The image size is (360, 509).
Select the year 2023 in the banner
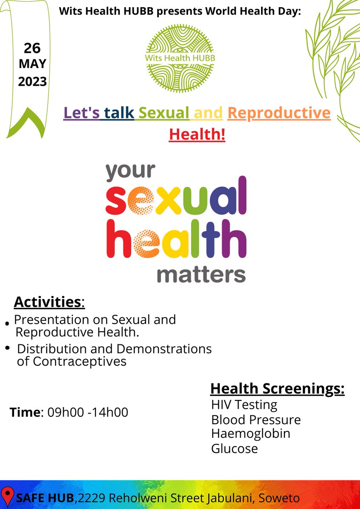[x=32, y=81]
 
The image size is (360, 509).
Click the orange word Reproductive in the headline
[x=278, y=113]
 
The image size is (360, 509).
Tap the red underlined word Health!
[x=197, y=134]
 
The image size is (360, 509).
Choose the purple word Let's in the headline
[x=81, y=113]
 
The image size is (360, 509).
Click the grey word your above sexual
[x=130, y=171]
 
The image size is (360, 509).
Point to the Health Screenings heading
[x=277, y=389]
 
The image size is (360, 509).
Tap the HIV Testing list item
[x=244, y=405]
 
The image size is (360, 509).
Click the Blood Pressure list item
[x=256, y=420]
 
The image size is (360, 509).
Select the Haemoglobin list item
[x=250, y=433]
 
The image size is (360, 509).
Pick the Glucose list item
[x=234, y=448]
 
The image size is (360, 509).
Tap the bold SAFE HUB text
[x=40, y=498]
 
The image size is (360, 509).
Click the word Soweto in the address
[x=281, y=498]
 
